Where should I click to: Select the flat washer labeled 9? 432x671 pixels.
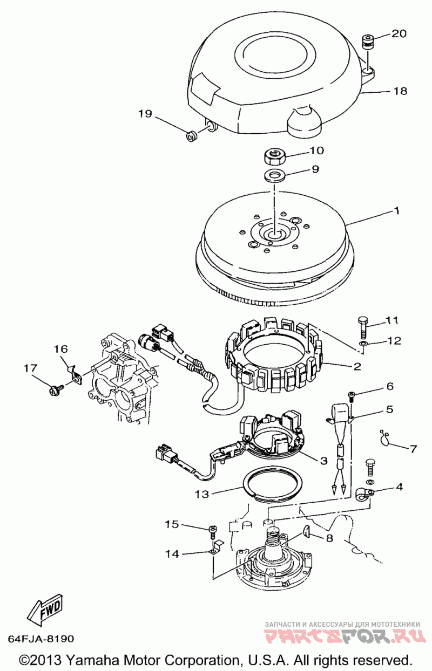[275, 175]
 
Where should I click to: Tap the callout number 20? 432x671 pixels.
[399, 33]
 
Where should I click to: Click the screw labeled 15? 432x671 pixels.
[213, 532]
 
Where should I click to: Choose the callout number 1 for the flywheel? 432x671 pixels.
[397, 211]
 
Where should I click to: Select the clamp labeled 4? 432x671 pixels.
[364, 494]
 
